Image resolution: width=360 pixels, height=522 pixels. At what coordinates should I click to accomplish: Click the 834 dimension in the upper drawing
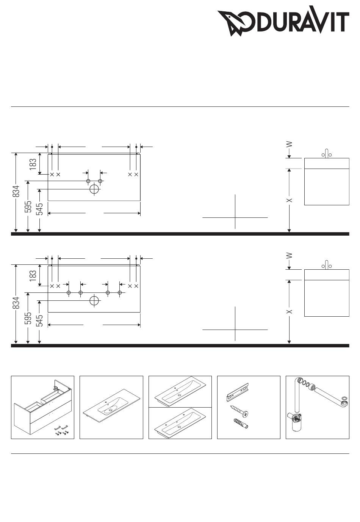[16, 191]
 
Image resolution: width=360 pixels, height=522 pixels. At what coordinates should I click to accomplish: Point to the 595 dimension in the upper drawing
[28, 206]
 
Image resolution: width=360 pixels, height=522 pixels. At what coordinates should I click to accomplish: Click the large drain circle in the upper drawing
[94, 189]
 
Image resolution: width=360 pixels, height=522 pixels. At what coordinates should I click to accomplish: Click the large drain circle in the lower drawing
[94, 301]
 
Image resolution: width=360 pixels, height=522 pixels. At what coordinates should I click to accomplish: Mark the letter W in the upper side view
[289, 144]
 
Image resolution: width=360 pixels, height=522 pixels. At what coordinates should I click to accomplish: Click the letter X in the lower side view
[289, 311]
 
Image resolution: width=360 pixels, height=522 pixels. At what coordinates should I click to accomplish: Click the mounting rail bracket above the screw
[238, 392]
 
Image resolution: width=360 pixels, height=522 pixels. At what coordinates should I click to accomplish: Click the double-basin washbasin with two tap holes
[180, 424]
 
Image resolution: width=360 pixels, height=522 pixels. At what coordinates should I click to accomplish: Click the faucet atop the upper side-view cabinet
[327, 153]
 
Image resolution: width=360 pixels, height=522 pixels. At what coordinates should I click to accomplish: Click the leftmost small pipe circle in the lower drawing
[69, 293]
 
